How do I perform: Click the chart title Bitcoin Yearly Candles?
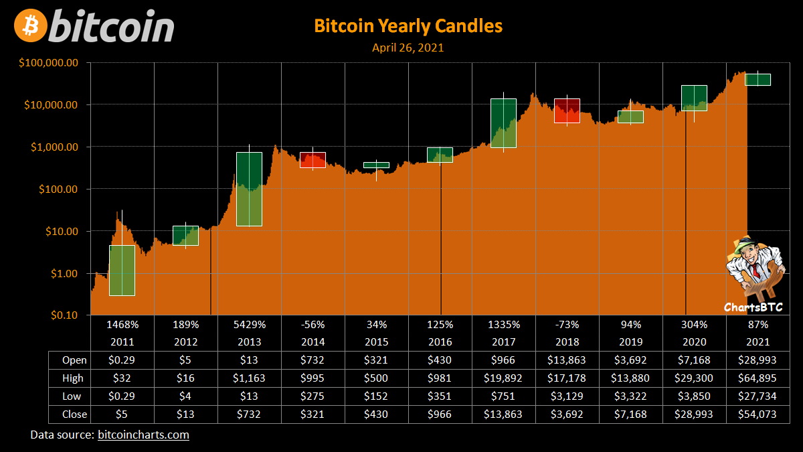(408, 26)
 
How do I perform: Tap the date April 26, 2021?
(408, 48)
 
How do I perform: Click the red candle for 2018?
(567, 110)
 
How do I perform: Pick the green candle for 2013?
(249, 189)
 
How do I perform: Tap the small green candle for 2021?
(757, 80)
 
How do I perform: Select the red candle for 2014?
(313, 159)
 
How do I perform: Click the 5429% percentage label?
(250, 325)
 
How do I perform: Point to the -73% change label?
(567, 325)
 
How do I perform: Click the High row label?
(72, 378)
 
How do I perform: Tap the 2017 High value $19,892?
(504, 378)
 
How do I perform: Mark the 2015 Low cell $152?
(377, 396)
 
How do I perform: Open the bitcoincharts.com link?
(143, 435)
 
